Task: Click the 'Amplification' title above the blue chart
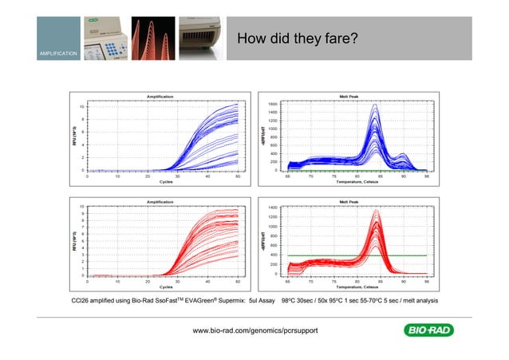(x=162, y=97)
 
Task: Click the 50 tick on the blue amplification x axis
(x=238, y=176)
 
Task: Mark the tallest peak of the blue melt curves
(x=375, y=105)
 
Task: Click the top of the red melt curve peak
(x=375, y=209)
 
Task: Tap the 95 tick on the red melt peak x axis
(x=428, y=281)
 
